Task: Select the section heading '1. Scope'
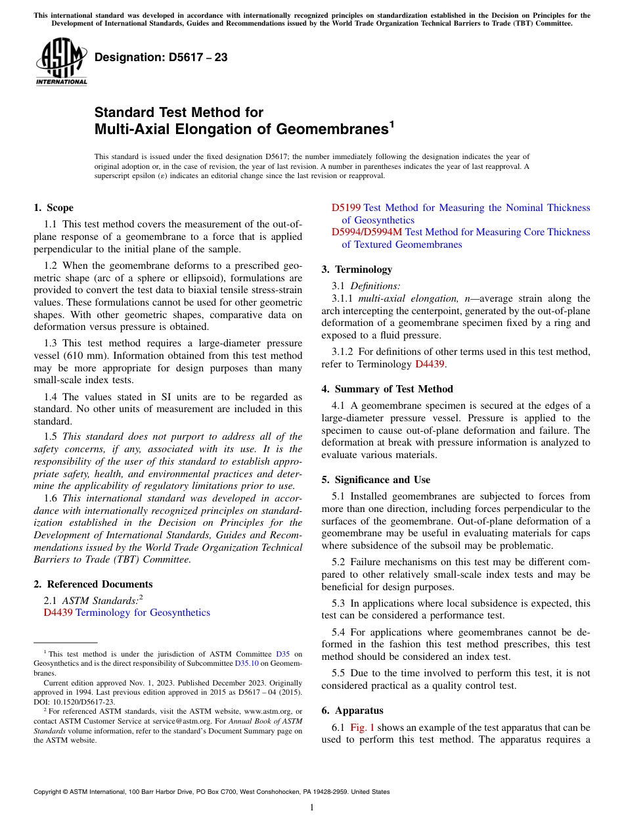click(53, 208)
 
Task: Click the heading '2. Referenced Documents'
click(93, 584)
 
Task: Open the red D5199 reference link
click(345, 208)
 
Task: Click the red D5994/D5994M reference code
click(367, 232)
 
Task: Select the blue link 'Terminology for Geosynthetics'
click(143, 613)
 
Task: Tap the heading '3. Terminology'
click(357, 269)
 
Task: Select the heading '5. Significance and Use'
click(376, 480)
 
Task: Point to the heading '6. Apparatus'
click(352, 710)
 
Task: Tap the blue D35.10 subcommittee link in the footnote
click(246, 664)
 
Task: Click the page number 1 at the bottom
click(312, 808)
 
